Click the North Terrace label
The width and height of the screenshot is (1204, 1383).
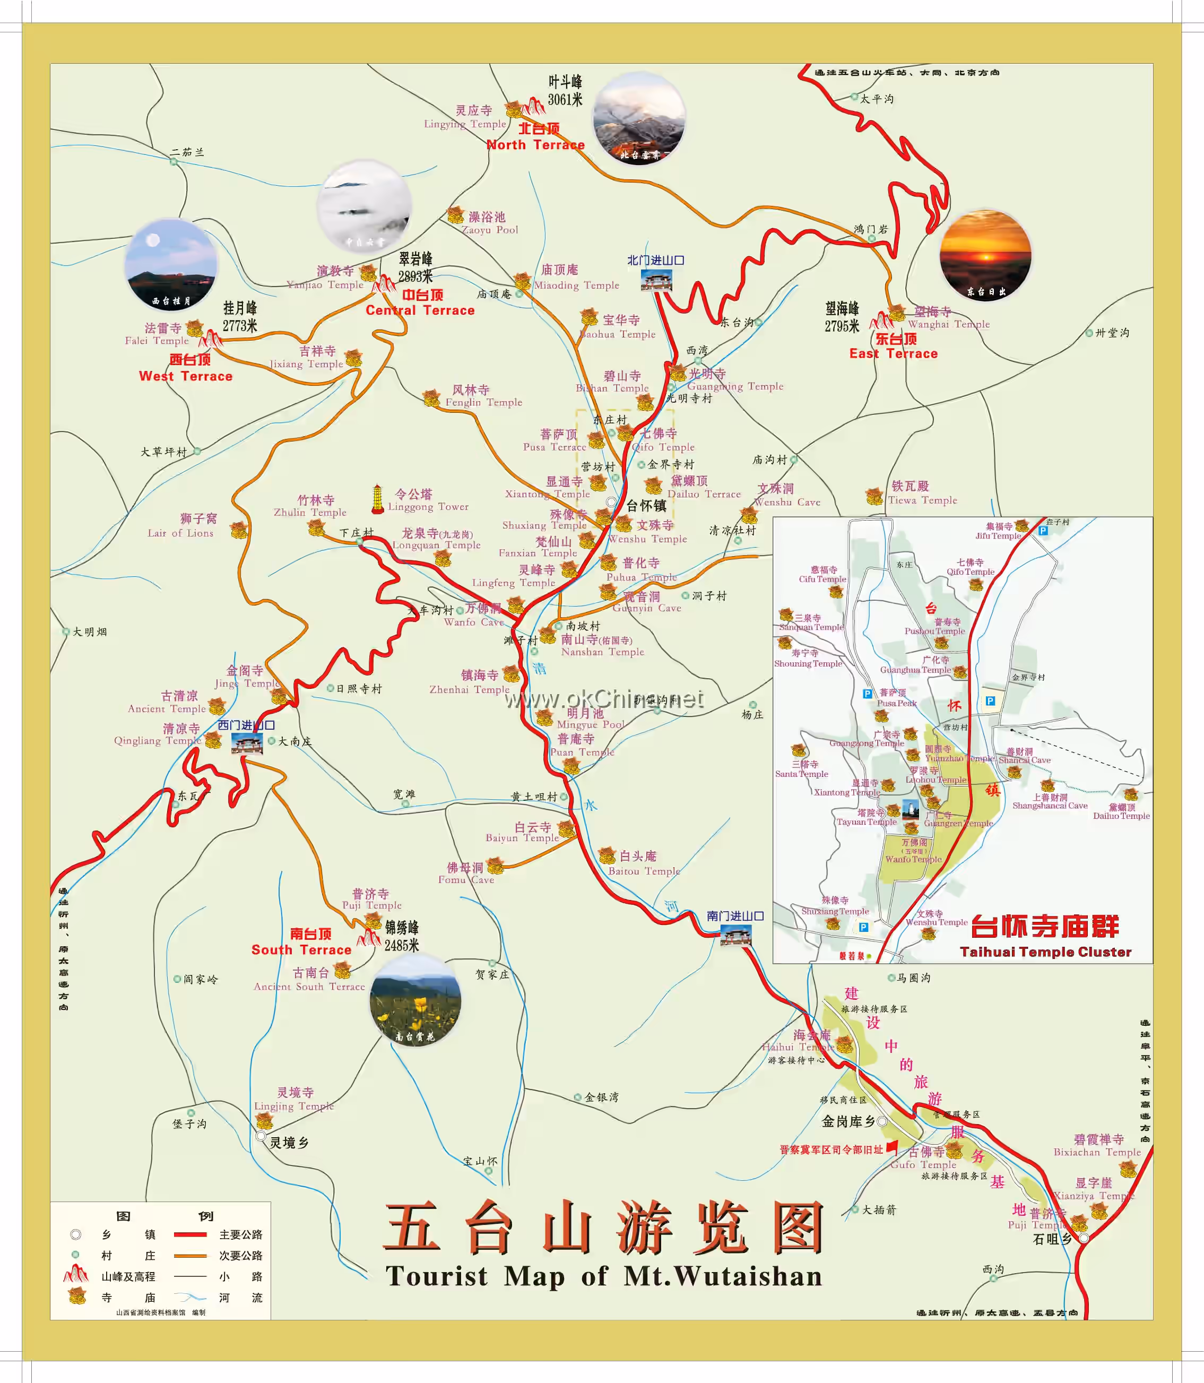(535, 144)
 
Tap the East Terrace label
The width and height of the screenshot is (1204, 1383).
(893, 353)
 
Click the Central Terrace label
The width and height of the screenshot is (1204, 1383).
(420, 310)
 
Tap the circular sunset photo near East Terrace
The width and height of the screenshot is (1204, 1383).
(984, 255)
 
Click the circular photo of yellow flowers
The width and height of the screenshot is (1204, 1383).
(415, 1000)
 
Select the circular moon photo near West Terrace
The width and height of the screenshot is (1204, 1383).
(171, 265)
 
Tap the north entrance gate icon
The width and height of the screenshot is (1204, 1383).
(656, 280)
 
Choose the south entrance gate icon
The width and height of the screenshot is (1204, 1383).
(735, 935)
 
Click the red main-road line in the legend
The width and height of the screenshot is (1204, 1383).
(189, 1234)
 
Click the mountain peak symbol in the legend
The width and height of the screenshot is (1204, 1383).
(76, 1274)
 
